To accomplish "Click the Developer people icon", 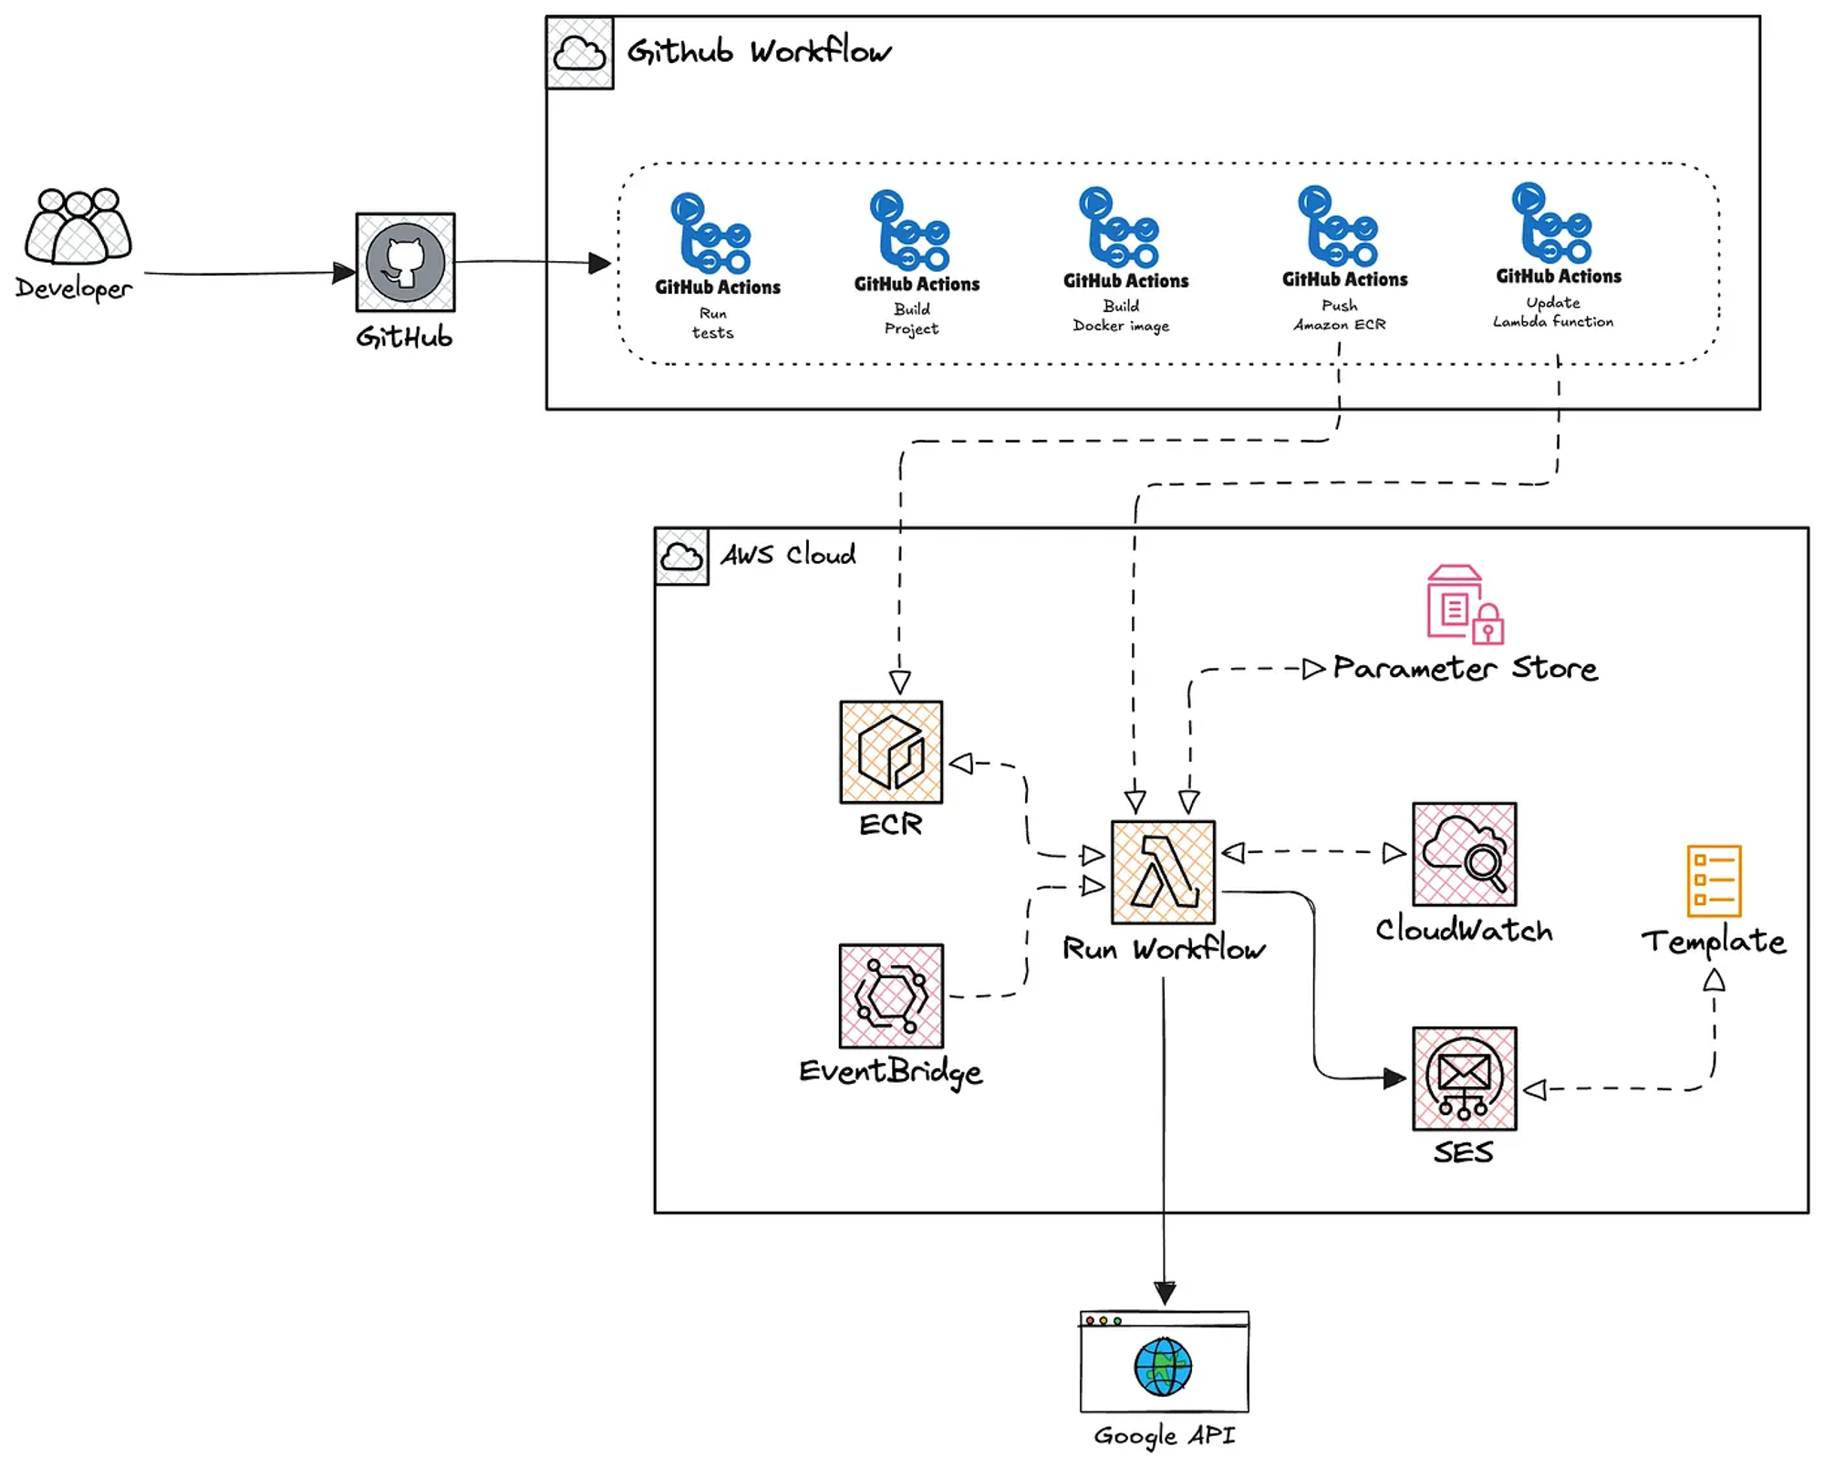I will point(78,225).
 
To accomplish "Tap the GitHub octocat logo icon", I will point(405,263).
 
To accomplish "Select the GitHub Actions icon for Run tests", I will point(710,234).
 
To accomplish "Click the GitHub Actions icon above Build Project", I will point(909,231).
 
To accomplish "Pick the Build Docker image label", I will point(1121,316).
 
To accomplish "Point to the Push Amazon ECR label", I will point(1340,315).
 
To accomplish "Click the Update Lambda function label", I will point(1552,312).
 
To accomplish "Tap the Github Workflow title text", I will point(759,52).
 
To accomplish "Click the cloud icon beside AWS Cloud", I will point(681,556).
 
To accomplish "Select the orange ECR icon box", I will point(891,753).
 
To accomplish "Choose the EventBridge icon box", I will point(891,996).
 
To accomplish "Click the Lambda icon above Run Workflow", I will point(1163,872).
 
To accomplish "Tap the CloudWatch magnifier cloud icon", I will point(1464,854).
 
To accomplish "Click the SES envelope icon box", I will point(1464,1078).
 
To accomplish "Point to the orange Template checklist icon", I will point(1714,881).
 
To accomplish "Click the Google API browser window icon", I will point(1164,1362).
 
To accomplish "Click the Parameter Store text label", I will point(1465,669).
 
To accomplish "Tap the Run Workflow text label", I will point(1164,950).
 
